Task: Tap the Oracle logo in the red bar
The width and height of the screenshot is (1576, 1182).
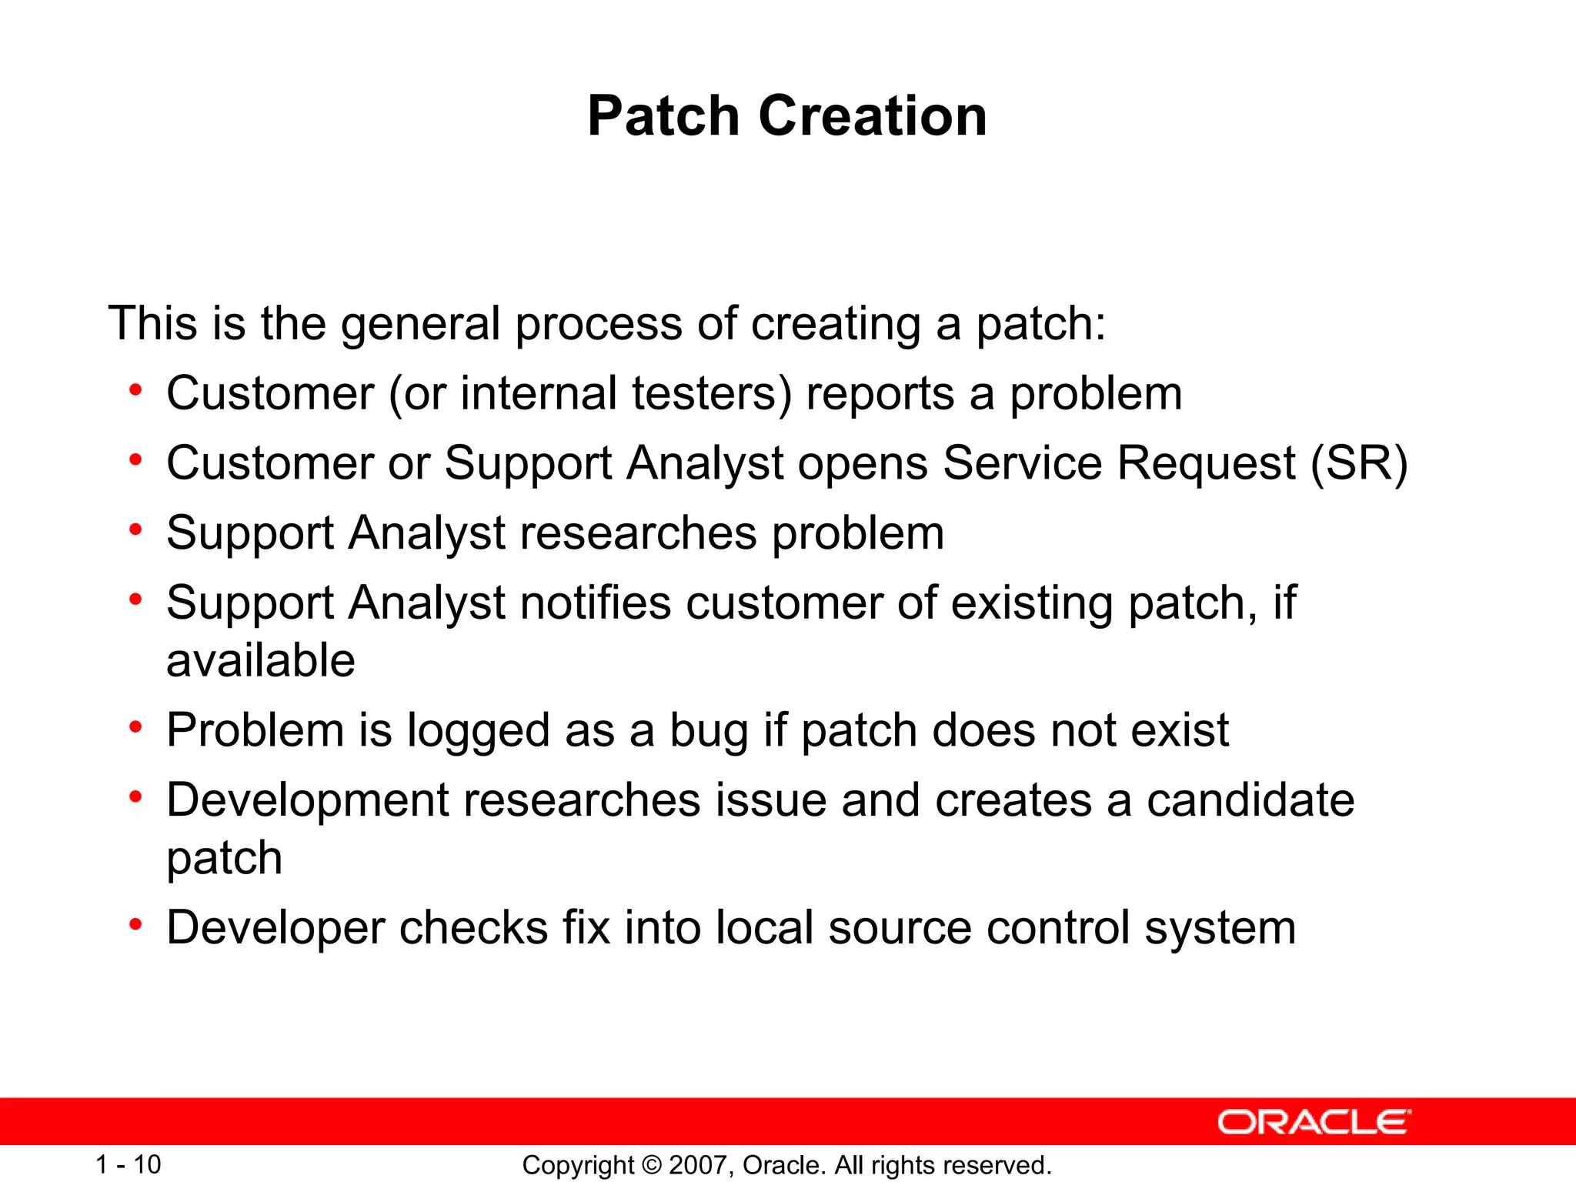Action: pos(1314,1122)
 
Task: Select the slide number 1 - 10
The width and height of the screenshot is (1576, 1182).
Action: pos(128,1164)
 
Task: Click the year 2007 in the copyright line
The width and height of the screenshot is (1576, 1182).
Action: pos(699,1165)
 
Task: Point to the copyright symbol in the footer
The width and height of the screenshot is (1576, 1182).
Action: pos(651,1165)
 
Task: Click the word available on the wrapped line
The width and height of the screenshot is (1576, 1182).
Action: pos(260,660)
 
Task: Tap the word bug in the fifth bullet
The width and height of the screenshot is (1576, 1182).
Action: pos(709,730)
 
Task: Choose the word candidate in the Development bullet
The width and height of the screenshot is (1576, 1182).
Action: pos(1250,800)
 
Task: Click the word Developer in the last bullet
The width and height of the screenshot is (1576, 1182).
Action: pos(275,928)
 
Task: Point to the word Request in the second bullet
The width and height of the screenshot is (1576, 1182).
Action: pos(1206,463)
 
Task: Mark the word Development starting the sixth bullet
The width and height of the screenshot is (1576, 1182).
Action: pos(307,800)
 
